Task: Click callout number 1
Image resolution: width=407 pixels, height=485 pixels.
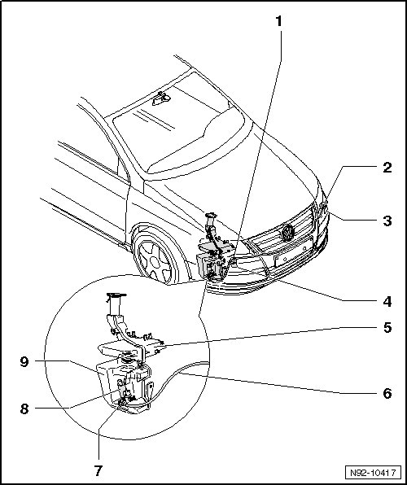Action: (279, 21)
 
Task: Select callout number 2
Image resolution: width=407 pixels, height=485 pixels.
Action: (387, 168)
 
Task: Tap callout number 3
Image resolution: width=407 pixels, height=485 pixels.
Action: (387, 221)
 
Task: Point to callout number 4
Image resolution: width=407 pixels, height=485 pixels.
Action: (387, 301)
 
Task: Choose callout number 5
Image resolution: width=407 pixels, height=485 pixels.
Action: (387, 328)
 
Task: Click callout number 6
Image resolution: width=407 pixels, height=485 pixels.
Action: (387, 393)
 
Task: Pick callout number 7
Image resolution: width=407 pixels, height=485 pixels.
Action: (98, 471)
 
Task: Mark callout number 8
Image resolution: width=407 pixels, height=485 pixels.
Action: (24, 409)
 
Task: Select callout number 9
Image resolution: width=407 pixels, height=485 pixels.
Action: (24, 361)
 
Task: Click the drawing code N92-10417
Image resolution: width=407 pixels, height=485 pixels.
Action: (373, 473)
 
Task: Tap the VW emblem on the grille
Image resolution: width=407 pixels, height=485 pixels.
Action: (287, 233)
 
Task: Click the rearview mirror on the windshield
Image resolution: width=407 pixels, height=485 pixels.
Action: (161, 98)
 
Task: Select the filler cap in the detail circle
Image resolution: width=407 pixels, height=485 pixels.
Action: (116, 296)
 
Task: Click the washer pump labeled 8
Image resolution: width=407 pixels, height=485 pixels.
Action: (121, 386)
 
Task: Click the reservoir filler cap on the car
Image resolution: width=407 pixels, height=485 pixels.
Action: (211, 215)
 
